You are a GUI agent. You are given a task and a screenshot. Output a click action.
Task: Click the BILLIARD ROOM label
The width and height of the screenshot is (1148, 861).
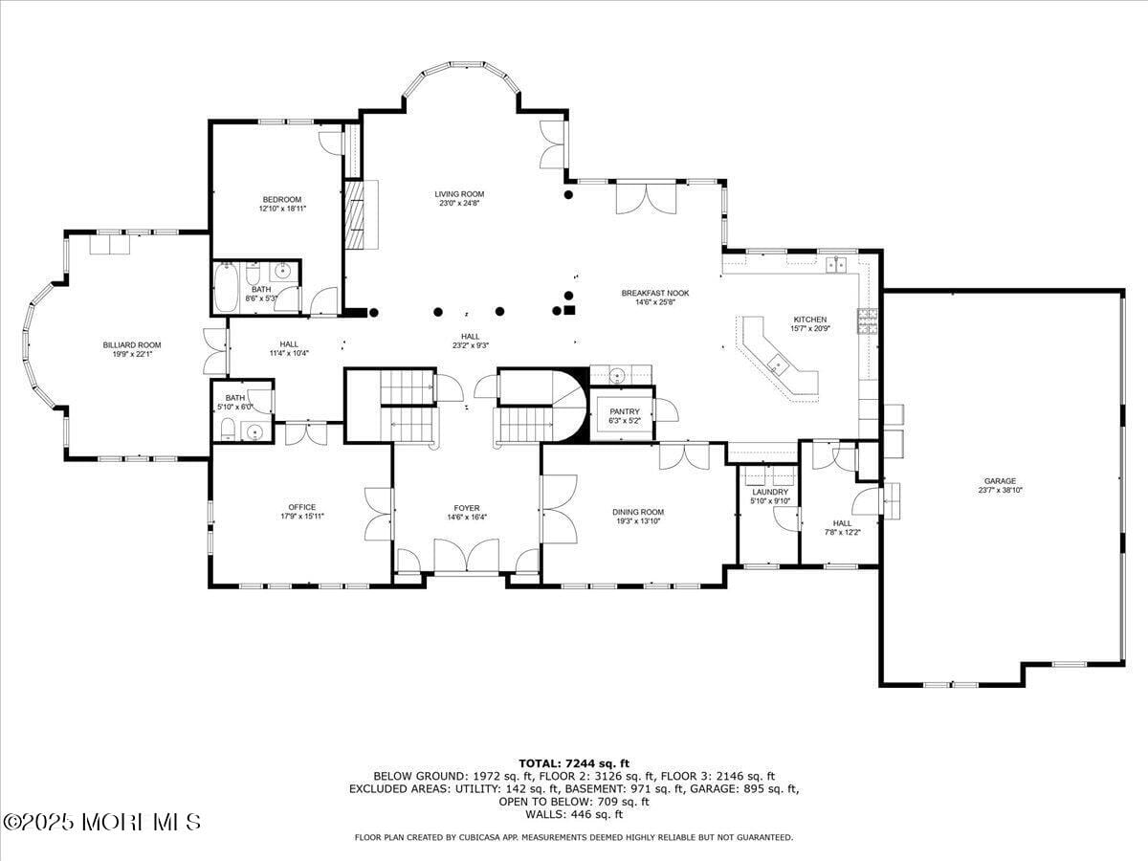[132, 344]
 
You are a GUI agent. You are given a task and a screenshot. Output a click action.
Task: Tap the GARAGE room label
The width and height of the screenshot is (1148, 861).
[1000, 481]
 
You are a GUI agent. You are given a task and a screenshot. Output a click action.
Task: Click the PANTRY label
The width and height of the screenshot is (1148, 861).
[624, 411]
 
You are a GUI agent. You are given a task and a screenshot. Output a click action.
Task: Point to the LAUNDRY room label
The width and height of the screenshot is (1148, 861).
[769, 492]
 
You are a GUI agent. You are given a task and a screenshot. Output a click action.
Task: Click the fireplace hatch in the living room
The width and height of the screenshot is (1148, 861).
[356, 215]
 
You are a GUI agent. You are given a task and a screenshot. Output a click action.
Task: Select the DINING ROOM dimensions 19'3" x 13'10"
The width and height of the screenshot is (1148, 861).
[638, 521]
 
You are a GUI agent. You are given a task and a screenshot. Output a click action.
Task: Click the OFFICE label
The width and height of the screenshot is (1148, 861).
[301, 507]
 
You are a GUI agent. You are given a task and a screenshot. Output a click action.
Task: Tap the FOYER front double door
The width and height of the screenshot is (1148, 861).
[466, 557]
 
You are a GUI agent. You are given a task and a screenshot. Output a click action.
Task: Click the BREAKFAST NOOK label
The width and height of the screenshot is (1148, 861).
[654, 293]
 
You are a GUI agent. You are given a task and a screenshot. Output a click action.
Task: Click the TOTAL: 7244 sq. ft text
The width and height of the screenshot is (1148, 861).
[574, 762]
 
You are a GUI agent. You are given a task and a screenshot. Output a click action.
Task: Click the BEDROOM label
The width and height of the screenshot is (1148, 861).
[281, 199]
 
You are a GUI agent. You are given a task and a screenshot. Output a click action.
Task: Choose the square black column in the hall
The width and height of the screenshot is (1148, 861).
[569, 309]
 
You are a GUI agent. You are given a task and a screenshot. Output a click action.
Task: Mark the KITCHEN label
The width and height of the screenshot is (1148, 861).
[809, 320]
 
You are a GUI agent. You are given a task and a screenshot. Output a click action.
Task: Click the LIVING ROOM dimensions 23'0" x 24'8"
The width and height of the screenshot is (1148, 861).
[459, 203]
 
